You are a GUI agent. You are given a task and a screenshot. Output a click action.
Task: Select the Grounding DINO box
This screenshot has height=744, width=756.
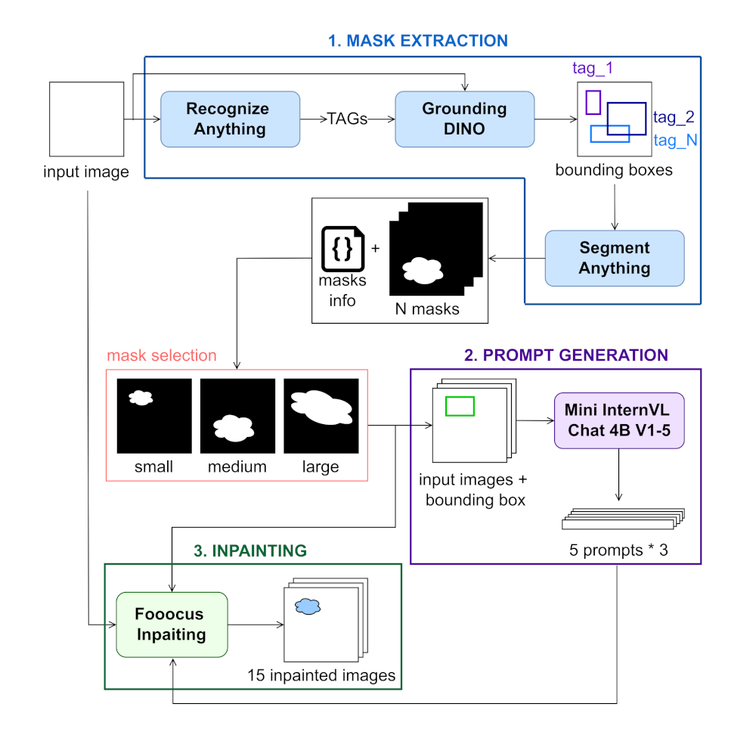(x=464, y=119)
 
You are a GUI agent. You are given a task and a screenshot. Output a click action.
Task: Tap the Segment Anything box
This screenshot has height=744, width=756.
(x=614, y=258)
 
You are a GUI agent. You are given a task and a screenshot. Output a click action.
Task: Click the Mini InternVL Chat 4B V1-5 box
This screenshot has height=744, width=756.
(x=619, y=420)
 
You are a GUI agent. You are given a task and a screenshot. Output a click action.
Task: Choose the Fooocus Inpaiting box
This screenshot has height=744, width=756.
(x=172, y=624)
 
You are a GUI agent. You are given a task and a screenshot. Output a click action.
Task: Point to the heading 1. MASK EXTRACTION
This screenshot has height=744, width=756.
(x=417, y=40)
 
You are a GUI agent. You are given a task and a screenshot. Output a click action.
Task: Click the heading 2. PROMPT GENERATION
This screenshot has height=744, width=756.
(x=566, y=355)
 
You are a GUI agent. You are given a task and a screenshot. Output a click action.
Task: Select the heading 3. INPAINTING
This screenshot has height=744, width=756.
(x=250, y=550)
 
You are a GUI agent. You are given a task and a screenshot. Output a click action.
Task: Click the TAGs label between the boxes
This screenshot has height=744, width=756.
(x=348, y=119)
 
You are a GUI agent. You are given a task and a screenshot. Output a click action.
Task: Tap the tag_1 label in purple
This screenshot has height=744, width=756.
(x=592, y=68)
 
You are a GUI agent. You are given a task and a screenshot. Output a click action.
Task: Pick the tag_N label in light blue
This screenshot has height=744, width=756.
(x=674, y=140)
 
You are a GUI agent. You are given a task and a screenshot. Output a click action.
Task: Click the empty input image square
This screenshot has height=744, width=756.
(x=86, y=119)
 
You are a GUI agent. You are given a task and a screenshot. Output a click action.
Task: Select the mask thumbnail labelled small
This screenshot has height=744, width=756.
(x=153, y=416)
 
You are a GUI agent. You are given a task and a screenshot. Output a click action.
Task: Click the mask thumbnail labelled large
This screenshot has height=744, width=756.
(x=321, y=416)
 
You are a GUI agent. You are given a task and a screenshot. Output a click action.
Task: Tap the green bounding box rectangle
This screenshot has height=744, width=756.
(x=460, y=406)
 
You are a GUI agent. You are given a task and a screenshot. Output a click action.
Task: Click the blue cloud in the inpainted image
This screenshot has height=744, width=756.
(x=307, y=606)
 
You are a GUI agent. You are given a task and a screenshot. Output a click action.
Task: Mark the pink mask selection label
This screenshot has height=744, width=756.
(x=162, y=355)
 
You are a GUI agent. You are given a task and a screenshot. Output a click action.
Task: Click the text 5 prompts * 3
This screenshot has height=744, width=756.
(x=618, y=550)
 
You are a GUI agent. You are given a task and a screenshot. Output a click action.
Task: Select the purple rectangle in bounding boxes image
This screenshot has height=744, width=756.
(x=593, y=102)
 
